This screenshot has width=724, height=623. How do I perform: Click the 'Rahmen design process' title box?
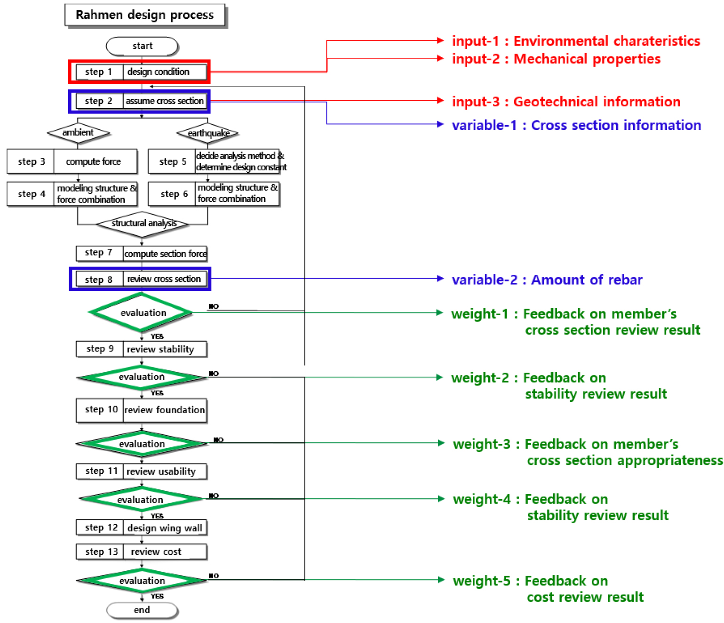point(144,15)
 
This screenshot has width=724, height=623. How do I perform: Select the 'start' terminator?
point(142,46)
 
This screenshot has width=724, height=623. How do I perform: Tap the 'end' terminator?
point(142,610)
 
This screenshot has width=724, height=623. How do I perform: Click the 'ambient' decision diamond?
point(78,133)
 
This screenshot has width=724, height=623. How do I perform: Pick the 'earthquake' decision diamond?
point(208,134)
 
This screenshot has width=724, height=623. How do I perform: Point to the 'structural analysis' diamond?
point(143,224)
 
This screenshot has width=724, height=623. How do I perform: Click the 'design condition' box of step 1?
point(164,72)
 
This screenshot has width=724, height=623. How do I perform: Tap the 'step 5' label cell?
point(172,162)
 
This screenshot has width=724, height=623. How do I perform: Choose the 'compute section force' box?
point(165,254)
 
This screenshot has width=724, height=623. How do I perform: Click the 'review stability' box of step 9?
point(164,349)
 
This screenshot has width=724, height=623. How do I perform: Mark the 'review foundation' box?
point(164,410)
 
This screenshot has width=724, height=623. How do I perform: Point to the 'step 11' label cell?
point(101,471)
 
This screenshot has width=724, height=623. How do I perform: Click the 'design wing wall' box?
point(164,528)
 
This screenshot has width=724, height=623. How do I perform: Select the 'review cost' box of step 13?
point(164,551)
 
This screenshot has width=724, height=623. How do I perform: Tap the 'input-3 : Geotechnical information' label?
point(566,102)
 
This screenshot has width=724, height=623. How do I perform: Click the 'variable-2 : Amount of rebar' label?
point(547,280)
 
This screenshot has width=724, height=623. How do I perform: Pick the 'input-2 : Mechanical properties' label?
point(556,59)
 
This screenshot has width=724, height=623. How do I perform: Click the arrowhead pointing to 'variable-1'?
point(440,124)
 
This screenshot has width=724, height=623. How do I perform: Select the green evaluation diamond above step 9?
point(141,312)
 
